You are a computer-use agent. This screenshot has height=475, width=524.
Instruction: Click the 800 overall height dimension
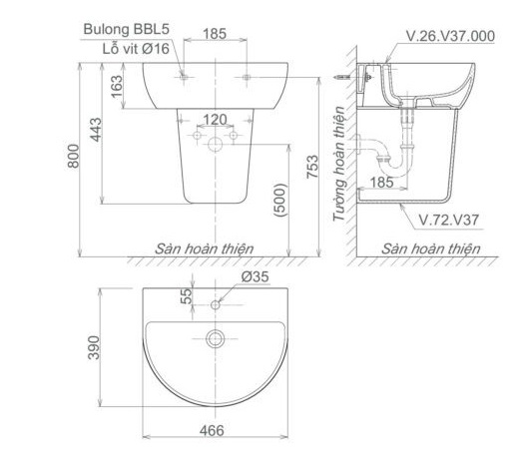tap(73, 156)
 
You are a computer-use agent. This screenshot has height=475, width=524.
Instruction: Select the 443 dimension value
tap(96, 130)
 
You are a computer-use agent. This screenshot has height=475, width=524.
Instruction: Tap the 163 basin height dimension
tap(117, 87)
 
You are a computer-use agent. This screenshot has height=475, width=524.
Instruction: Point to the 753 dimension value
tap(312, 167)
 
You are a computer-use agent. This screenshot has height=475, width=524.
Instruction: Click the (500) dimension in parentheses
tap(280, 201)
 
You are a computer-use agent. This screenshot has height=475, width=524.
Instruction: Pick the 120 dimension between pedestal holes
tap(215, 120)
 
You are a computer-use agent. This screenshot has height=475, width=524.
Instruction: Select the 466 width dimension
tap(212, 430)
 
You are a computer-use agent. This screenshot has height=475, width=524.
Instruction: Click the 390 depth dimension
tap(94, 347)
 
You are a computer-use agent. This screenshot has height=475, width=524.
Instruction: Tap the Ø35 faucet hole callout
tap(256, 276)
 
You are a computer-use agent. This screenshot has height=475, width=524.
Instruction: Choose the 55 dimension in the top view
tap(187, 296)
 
